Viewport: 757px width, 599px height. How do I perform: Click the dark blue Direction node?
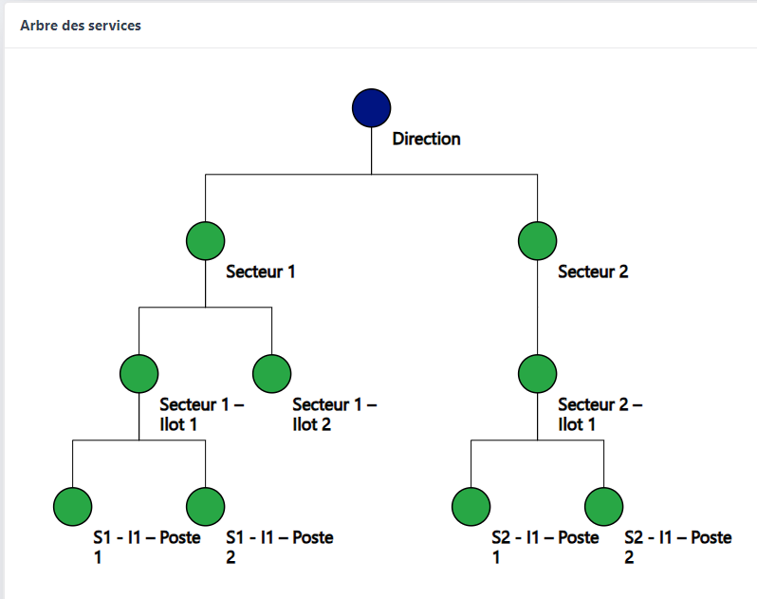click(x=371, y=107)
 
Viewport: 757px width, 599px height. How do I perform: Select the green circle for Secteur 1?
click(x=205, y=240)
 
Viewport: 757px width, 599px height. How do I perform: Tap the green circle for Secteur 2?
click(x=537, y=240)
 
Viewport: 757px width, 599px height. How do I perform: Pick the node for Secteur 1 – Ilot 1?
click(x=138, y=373)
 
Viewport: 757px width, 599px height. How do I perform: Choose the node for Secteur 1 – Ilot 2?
click(x=271, y=373)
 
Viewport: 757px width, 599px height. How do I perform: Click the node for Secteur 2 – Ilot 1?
click(x=537, y=373)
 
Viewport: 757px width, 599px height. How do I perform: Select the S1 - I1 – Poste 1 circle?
click(x=72, y=506)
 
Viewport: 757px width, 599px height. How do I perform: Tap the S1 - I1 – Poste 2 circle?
click(x=205, y=506)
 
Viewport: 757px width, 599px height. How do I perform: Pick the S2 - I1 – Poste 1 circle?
click(x=471, y=506)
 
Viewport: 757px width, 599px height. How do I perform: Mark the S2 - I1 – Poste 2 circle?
click(x=603, y=506)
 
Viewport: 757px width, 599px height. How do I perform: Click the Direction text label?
click(x=426, y=139)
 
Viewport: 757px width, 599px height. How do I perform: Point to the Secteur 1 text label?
click(x=261, y=271)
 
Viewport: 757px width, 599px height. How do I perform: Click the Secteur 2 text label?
click(x=593, y=271)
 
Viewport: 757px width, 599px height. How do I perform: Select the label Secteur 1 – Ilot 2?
click(x=334, y=414)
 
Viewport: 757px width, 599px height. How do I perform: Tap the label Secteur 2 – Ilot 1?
click(x=600, y=414)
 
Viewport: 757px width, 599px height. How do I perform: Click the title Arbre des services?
click(x=81, y=26)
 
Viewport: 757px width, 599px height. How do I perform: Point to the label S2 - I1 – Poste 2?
click(x=677, y=547)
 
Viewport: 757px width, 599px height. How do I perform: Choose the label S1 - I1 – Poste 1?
click(x=146, y=547)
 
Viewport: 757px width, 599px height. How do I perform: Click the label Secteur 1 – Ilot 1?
click(x=201, y=414)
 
